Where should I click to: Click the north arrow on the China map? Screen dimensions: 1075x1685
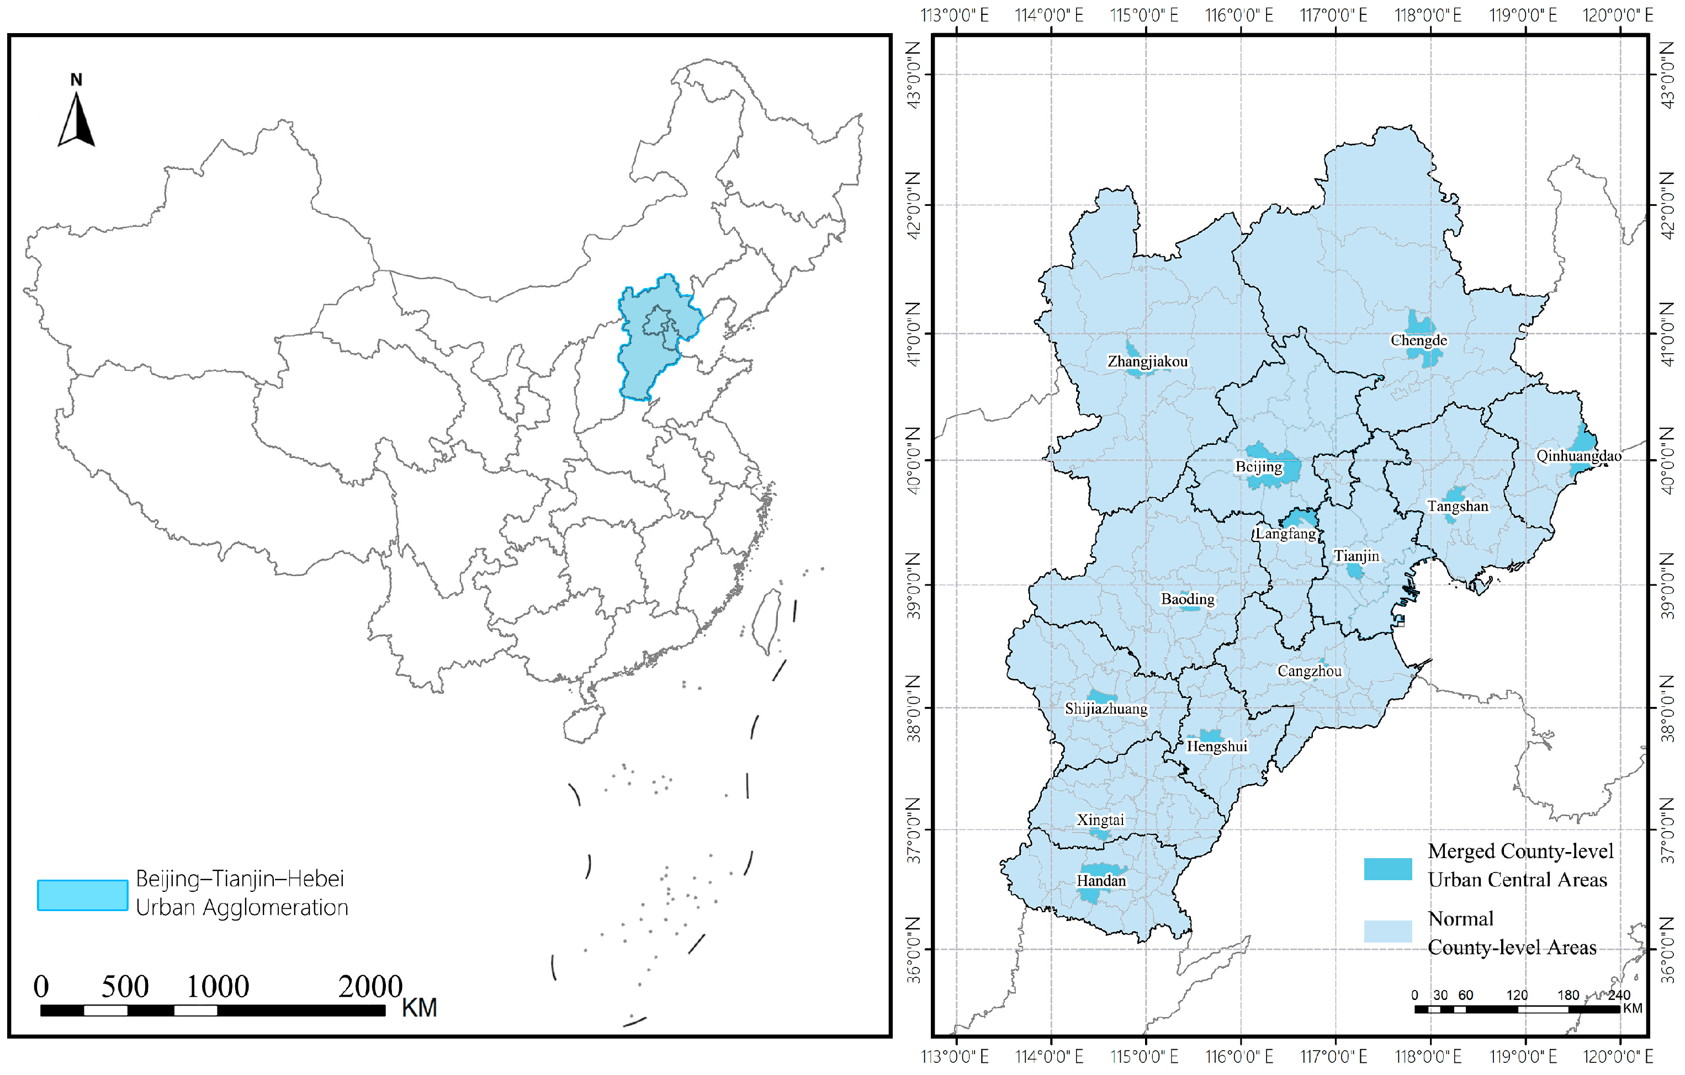point(76,120)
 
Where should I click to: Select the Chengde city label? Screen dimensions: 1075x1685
point(1418,340)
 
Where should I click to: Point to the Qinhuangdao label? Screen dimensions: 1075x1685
point(1578,456)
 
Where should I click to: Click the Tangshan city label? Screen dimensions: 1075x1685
point(1458,507)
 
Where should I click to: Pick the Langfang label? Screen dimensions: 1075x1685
point(1285,534)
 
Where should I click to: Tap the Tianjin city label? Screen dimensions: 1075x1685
point(1356,556)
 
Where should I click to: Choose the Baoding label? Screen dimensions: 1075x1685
point(1188,599)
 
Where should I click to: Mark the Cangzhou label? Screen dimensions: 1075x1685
point(1309,672)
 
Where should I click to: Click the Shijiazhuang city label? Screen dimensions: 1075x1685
point(1106,709)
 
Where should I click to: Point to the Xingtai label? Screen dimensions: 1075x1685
point(1100,819)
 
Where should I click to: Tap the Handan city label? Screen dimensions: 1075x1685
point(1101,881)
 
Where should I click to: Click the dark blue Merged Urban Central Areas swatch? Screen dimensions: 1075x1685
point(1387,868)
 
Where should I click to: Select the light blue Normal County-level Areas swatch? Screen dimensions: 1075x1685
point(1387,931)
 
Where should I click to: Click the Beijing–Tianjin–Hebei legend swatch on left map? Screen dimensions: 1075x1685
point(83,895)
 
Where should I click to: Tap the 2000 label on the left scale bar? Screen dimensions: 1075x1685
point(370,987)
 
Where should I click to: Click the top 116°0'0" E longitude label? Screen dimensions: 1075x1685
point(1239,15)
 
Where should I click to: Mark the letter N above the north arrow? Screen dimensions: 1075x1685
point(76,79)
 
